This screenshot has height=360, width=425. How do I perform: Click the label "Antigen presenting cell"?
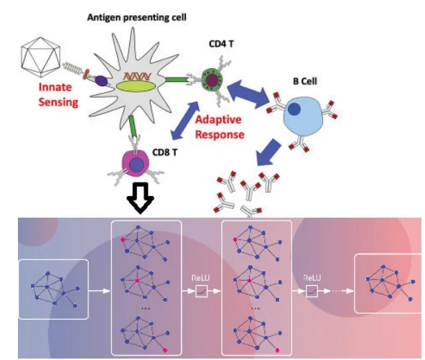137,18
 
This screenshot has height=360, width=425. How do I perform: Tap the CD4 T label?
221,44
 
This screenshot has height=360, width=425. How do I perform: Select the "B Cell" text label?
305,81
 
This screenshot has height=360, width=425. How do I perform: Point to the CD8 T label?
165,152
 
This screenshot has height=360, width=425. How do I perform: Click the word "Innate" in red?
55,88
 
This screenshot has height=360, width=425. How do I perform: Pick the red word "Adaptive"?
218,119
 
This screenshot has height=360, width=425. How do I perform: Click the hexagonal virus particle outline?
41,57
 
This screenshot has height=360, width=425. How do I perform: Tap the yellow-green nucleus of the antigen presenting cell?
136,86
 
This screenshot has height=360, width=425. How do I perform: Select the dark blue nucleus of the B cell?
294,109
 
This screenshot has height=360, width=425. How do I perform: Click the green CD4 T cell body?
212,80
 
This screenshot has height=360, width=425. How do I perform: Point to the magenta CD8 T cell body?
135,163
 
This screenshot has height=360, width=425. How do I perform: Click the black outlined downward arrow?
141,198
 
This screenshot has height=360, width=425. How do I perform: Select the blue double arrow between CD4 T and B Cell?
248,94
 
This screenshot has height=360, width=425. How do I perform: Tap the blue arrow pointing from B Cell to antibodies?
269,152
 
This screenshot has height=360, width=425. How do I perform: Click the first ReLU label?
200,278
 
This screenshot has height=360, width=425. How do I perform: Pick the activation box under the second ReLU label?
312,291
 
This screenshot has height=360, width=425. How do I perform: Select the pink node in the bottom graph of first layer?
165,350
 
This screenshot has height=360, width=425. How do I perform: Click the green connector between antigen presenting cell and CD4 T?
176,80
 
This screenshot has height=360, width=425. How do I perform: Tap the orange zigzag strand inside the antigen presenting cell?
137,77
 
